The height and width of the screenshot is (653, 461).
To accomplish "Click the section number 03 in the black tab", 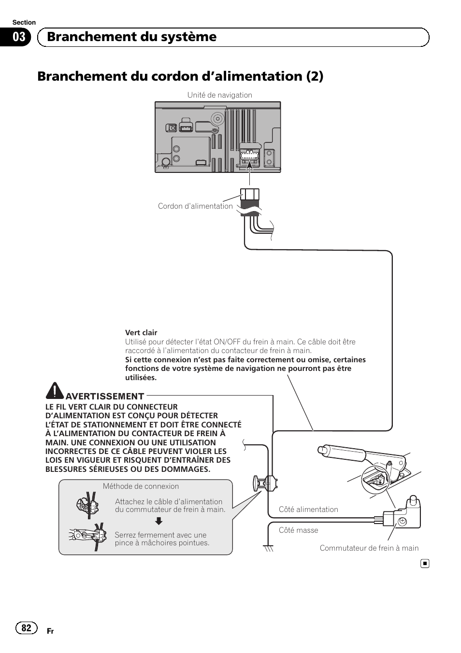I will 18,37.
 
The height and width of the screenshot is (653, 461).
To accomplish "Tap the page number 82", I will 26,627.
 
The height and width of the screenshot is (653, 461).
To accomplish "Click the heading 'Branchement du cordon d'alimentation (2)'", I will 180,76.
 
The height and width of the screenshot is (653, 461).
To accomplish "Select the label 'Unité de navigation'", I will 219,95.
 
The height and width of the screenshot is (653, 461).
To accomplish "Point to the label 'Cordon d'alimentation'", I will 195,206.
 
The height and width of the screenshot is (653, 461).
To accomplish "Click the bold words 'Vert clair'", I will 141,332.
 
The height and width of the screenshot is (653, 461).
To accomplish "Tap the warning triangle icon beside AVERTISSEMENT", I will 55,391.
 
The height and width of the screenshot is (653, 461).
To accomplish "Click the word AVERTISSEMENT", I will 105,397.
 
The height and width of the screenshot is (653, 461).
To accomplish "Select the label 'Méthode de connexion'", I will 141,486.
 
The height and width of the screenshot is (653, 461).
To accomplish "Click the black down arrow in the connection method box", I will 158,521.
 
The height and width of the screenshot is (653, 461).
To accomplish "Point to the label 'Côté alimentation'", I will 308,510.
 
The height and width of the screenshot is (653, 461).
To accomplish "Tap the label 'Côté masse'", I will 298,530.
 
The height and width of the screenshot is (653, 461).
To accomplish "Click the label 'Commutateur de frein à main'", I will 369,548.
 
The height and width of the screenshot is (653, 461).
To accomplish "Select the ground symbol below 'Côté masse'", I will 269,548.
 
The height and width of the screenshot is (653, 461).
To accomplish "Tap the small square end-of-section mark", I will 424,564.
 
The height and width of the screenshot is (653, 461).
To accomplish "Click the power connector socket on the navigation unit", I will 250,156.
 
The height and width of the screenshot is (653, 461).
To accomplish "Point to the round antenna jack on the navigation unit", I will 218,118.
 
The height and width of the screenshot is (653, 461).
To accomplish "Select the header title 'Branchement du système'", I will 132,37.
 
